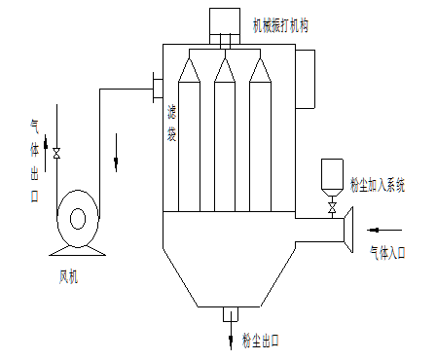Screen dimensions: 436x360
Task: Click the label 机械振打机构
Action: [x=280, y=26]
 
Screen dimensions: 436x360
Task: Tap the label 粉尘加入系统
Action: [x=378, y=185]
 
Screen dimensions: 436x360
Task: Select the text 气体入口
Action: [x=387, y=253]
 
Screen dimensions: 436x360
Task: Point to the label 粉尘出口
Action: [x=261, y=341]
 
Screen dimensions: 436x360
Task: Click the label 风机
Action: [x=68, y=277]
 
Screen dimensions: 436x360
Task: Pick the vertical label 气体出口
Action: [x=34, y=161]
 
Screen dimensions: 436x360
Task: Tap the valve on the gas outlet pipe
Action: [x=56, y=154]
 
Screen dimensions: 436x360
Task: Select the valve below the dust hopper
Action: [x=332, y=207]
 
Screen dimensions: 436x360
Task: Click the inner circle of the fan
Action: [x=78, y=219]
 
